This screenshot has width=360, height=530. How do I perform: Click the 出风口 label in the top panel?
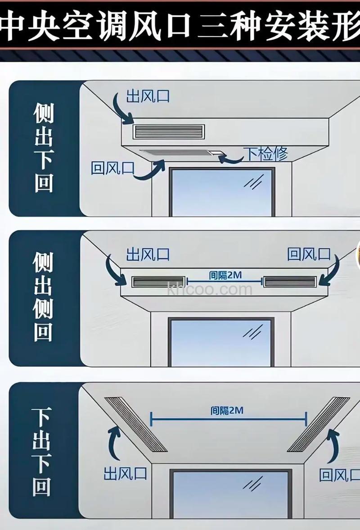[x=148, y=96]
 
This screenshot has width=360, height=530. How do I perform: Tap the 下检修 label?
[x=265, y=154]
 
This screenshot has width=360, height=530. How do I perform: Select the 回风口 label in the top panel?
[x=112, y=168]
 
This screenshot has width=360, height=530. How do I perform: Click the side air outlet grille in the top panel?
[x=168, y=131]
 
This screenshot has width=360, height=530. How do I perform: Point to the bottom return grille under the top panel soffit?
[x=178, y=154]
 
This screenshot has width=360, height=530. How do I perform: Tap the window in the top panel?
[x=222, y=192]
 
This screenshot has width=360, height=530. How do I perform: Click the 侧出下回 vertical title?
[x=44, y=147]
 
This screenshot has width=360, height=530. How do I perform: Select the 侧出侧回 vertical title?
[x=44, y=297]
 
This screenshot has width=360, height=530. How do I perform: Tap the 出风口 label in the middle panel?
[x=148, y=254]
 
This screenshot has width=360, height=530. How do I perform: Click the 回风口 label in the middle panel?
[x=309, y=254]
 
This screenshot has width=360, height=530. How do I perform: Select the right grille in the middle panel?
[x=291, y=282]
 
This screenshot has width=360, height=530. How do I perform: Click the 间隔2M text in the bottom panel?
[x=227, y=411]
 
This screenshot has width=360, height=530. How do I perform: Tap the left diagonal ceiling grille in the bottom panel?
[x=135, y=424]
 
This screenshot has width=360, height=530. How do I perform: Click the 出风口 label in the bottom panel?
[x=125, y=473]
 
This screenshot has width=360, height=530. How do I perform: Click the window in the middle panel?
[x=221, y=342]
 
